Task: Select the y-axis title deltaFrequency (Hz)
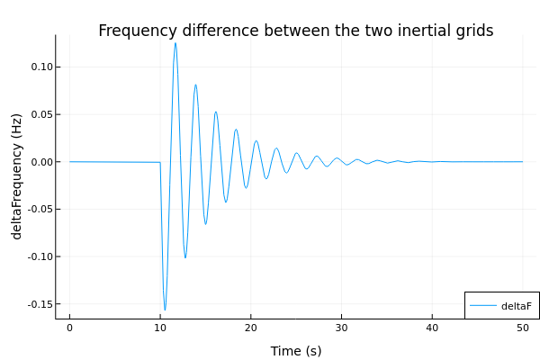[17, 176]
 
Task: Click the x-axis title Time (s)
[295, 351]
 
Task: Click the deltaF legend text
[517, 306]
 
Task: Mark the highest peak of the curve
[175, 43]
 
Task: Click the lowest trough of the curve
[165, 310]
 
